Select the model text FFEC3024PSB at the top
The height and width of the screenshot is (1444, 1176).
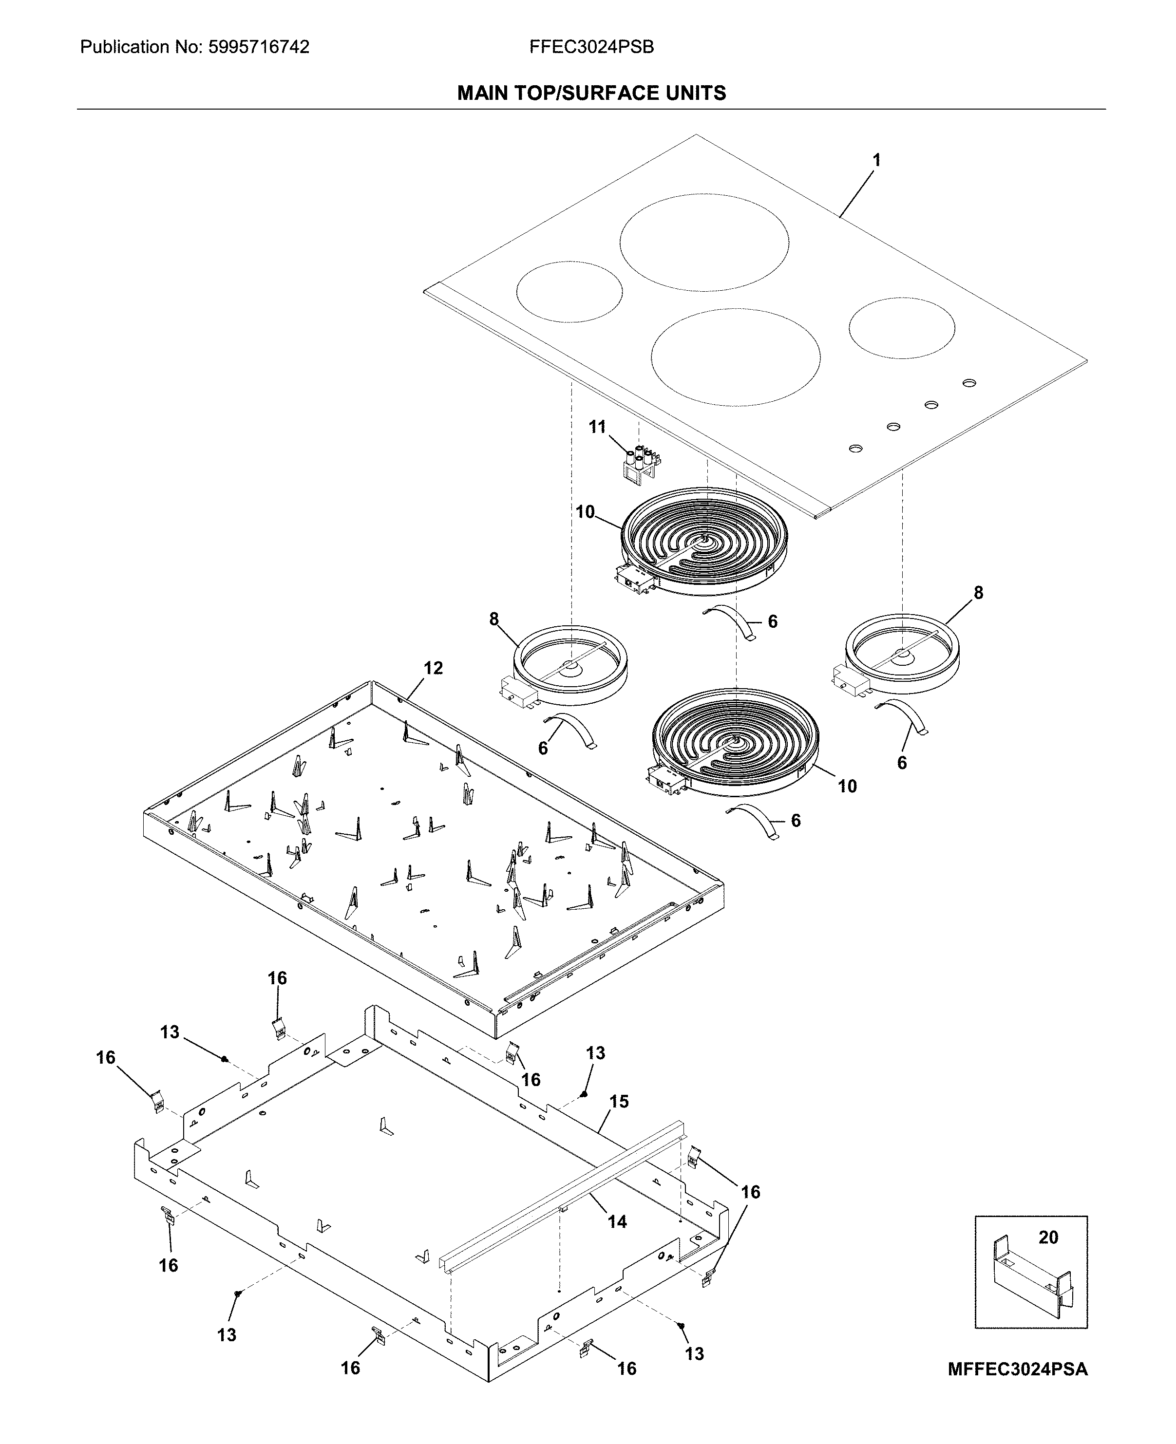pyautogui.click(x=591, y=47)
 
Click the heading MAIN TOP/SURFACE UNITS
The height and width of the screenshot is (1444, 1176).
pyautogui.click(x=591, y=93)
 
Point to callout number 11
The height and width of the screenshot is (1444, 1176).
pyautogui.click(x=597, y=427)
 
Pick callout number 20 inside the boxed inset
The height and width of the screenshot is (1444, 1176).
pyautogui.click(x=1048, y=1238)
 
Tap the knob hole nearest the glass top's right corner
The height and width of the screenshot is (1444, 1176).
pyautogui.click(x=969, y=383)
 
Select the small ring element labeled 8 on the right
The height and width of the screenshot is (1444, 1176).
pyautogui.click(x=902, y=653)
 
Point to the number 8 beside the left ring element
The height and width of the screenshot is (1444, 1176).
pyautogui.click(x=494, y=619)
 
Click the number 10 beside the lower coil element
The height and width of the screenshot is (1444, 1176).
pyautogui.click(x=847, y=787)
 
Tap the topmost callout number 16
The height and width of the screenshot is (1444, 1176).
pyautogui.click(x=277, y=978)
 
